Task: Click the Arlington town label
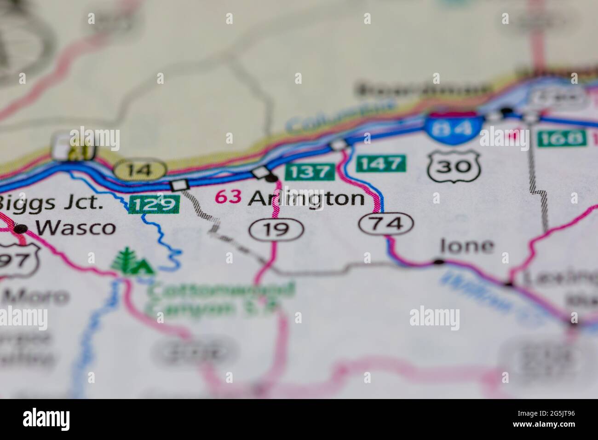click(x=306, y=198)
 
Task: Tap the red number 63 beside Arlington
click(x=229, y=197)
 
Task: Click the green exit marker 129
click(x=154, y=204)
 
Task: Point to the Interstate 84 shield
click(x=454, y=124)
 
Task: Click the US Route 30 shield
click(x=454, y=167)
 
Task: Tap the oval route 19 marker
click(x=276, y=229)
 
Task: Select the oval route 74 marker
click(x=386, y=224)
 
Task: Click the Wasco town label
click(x=76, y=227)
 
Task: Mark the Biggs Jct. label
click(x=51, y=203)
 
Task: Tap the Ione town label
click(x=466, y=246)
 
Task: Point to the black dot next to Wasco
click(x=20, y=229)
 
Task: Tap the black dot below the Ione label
click(x=439, y=262)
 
